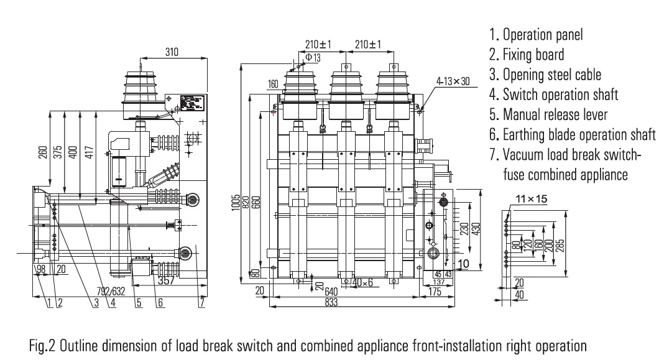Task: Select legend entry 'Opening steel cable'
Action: tap(545, 75)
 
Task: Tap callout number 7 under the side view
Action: tap(201, 304)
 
